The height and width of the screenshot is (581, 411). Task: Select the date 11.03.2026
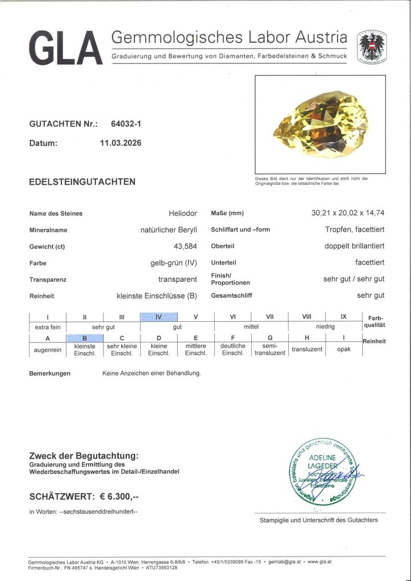click(120, 143)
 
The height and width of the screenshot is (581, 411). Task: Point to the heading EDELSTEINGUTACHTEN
click(82, 182)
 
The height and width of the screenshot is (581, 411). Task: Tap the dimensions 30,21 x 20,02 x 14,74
click(348, 213)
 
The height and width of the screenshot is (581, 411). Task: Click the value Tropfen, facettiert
click(350, 229)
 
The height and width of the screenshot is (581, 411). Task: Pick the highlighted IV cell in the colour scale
click(159, 317)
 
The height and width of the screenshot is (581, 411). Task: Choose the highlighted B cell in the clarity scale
click(84, 338)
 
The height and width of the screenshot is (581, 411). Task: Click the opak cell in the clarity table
click(344, 349)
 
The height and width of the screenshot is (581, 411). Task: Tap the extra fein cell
click(47, 327)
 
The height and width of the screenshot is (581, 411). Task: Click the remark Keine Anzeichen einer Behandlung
click(151, 373)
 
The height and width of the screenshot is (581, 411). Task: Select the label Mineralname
click(49, 230)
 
